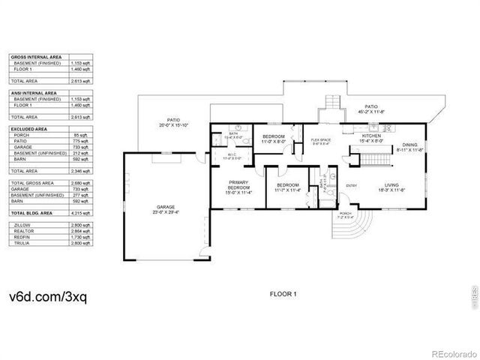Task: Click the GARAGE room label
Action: click(166, 207)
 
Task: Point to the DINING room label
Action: click(409, 144)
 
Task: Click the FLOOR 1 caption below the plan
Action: click(283, 294)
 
